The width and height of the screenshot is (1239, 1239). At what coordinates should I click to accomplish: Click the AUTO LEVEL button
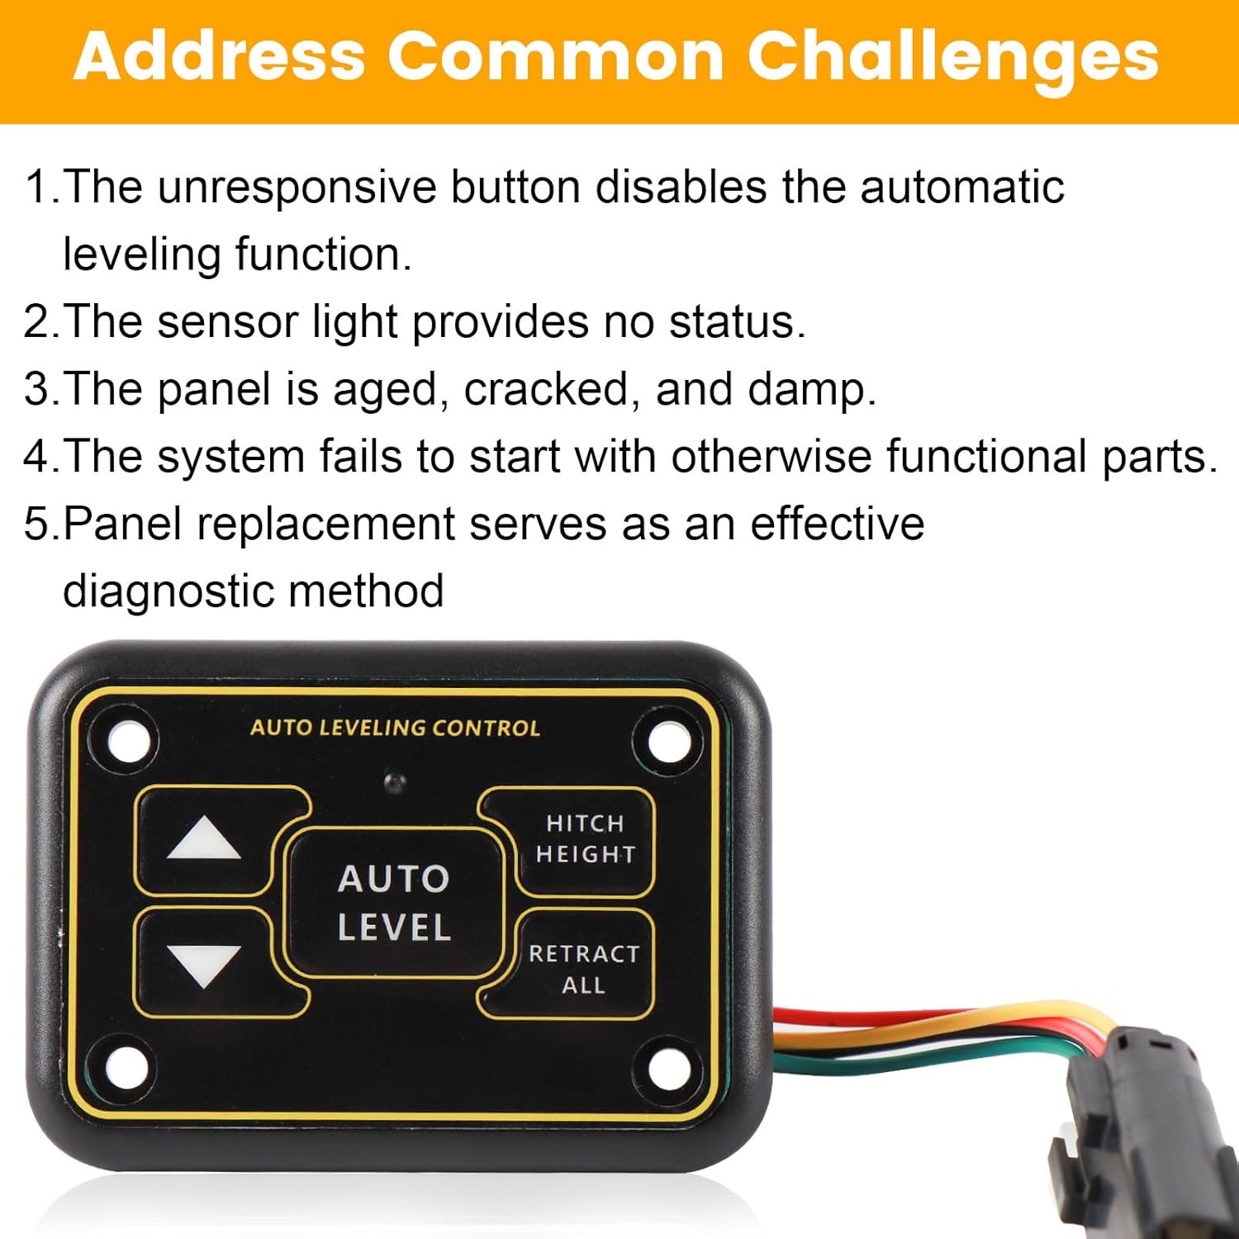coord(394,903)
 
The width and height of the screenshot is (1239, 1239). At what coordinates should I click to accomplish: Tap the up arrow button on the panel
coord(204,840)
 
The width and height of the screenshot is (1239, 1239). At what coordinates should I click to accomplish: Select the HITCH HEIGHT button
coord(585,839)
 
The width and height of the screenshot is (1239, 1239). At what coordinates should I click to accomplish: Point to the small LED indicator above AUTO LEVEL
coord(396,780)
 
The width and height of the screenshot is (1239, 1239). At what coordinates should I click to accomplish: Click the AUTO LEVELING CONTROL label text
coord(395,728)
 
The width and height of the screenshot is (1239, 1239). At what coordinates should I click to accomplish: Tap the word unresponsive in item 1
coord(297,187)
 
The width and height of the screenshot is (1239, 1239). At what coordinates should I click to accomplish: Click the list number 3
coord(37,389)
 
